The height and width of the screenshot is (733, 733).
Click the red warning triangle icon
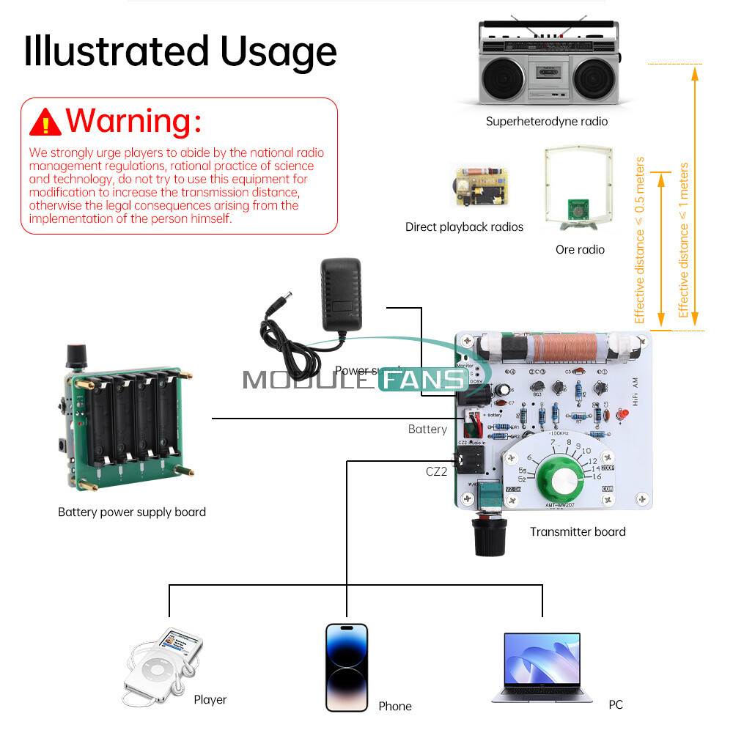pyautogui.click(x=45, y=122)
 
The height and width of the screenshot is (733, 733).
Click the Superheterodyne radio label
pyautogui.click(x=546, y=122)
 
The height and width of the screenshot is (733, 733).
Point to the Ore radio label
pyautogui.click(x=580, y=250)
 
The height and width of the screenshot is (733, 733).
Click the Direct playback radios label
pyautogui.click(x=464, y=227)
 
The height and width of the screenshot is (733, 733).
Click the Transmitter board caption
pyautogui.click(x=578, y=532)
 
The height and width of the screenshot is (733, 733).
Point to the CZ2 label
pyautogui.click(x=436, y=472)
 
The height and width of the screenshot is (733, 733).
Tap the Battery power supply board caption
pyautogui.click(x=132, y=512)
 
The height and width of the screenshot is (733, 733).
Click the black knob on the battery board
pyautogui.click(x=75, y=356)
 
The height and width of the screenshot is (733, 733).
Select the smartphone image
pyautogui.click(x=347, y=667)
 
